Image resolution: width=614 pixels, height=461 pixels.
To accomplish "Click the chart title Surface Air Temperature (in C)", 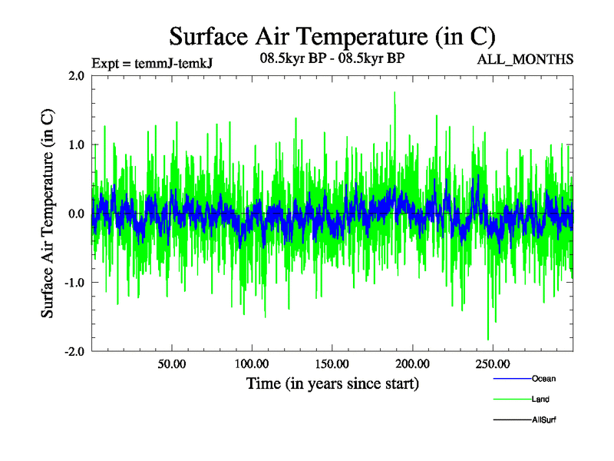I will pos(332,36).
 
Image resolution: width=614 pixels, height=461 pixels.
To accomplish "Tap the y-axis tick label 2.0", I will pos(75,76).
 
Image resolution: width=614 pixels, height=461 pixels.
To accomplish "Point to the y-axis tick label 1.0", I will pos(75,144).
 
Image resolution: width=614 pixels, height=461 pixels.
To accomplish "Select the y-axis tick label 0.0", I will pos(75,214).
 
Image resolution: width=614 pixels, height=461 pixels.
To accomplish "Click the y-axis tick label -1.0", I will pos(73,282).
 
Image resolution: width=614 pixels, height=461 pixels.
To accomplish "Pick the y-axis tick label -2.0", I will pos(73,351).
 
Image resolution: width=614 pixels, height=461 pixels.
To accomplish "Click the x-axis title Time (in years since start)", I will pos(332,383).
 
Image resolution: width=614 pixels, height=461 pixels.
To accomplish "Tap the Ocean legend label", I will pos(543,379).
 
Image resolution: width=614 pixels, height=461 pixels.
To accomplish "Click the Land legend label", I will pos(540,400).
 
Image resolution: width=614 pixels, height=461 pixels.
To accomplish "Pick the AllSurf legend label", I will pos(544,420).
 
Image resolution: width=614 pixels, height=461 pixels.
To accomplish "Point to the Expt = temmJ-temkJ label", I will pos(151,64).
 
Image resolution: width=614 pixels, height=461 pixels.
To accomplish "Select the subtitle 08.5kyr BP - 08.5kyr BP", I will pos(332,58).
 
